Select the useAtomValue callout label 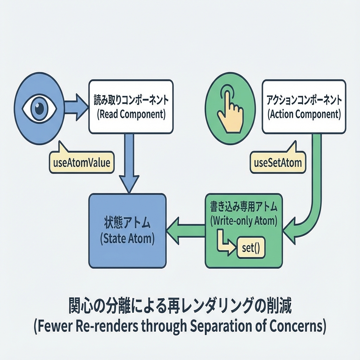pyautogui.click(x=81, y=163)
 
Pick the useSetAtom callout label pyautogui.click(x=277, y=163)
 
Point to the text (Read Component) pyautogui.click(x=131, y=115)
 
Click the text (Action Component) pyautogui.click(x=304, y=115)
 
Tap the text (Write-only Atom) pyautogui.click(x=244, y=221)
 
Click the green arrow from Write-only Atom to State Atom pyautogui.click(x=186, y=231)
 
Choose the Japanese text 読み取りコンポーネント pyautogui.click(x=131, y=100)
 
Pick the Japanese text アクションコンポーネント pyautogui.click(x=304, y=100)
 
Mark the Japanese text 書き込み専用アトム pyautogui.click(x=244, y=207)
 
